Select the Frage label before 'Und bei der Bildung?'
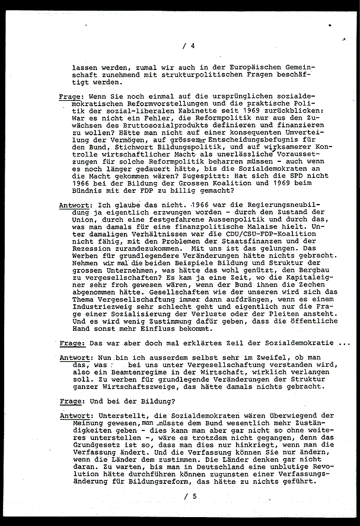(x=71, y=401)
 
